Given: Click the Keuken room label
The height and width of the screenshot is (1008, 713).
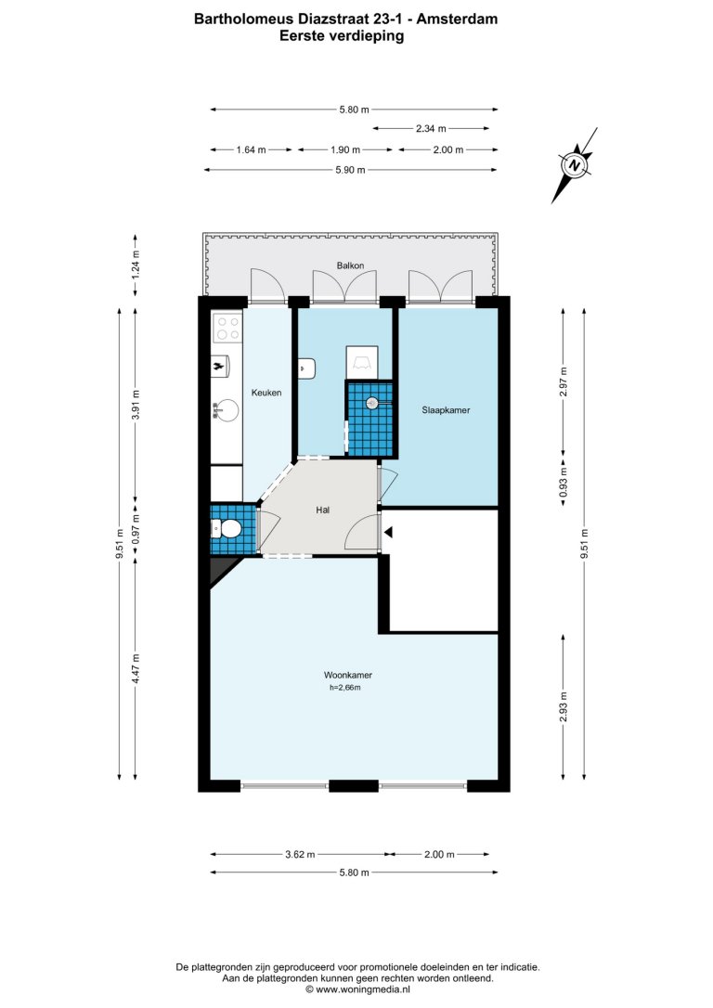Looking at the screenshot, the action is coord(266,392).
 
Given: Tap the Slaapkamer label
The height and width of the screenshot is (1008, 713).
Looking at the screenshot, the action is coord(446,409).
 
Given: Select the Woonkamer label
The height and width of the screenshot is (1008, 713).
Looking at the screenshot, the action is coord(348,675).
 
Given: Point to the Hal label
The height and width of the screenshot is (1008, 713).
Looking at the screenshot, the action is coord(323,510).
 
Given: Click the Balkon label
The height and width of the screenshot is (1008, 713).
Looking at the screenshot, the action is coord(350,265).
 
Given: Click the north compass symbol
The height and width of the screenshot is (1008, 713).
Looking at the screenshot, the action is coord(576,165).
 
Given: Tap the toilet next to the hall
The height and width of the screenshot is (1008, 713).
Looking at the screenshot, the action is coord(226,530).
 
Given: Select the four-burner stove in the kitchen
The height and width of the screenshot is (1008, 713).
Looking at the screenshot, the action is coord(227,326).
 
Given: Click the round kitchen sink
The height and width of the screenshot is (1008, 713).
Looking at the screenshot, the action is coord(227,408).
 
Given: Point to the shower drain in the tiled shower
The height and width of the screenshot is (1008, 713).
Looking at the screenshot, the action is coord(371,403).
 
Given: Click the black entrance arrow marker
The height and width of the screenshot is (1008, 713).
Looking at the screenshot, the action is coord(388,532).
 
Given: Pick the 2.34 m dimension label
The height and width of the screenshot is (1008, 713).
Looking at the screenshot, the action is coord(431,129).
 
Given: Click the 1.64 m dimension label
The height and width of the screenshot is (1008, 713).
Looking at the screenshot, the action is coord(251,149).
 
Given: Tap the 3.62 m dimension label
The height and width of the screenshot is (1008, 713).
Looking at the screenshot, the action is coord(300,854).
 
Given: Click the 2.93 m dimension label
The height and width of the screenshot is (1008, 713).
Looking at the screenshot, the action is coord(564,705).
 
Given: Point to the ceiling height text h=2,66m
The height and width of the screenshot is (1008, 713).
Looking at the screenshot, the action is coord(345,687).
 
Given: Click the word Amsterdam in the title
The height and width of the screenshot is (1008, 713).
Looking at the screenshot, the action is coord(457,19).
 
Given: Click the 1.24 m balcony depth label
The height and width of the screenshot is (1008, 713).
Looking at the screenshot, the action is coord(135,263).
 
